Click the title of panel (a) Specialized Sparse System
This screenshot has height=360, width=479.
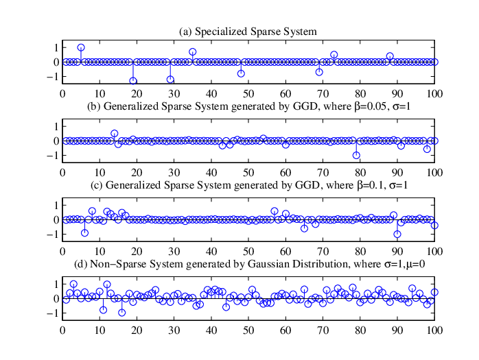click(248, 32)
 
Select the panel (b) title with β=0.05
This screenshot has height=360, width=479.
click(248, 106)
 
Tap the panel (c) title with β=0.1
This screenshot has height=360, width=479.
click(249, 185)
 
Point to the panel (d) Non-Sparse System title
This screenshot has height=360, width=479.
click(249, 264)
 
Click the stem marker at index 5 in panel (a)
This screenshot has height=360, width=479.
click(81, 47)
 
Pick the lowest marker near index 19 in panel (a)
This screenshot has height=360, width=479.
click(133, 81)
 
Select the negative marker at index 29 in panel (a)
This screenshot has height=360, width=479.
click(170, 80)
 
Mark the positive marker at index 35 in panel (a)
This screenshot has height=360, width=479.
click(192, 52)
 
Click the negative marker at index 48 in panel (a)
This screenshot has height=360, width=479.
click(241, 73)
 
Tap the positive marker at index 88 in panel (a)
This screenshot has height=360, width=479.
click(390, 56)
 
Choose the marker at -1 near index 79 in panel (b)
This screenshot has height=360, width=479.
click(356, 156)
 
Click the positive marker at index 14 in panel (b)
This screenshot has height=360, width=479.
click(115, 134)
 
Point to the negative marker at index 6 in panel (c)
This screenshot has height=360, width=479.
click(84, 233)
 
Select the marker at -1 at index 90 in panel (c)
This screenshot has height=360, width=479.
click(397, 235)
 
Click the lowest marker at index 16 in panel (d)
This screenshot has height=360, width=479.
click(122, 313)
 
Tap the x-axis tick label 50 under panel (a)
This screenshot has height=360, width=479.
click(248, 94)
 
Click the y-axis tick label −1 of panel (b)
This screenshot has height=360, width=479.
click(53, 156)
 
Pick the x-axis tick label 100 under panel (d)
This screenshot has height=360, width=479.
click(434, 331)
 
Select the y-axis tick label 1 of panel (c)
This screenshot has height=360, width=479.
click(56, 205)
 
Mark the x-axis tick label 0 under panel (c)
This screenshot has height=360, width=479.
click(62, 252)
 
